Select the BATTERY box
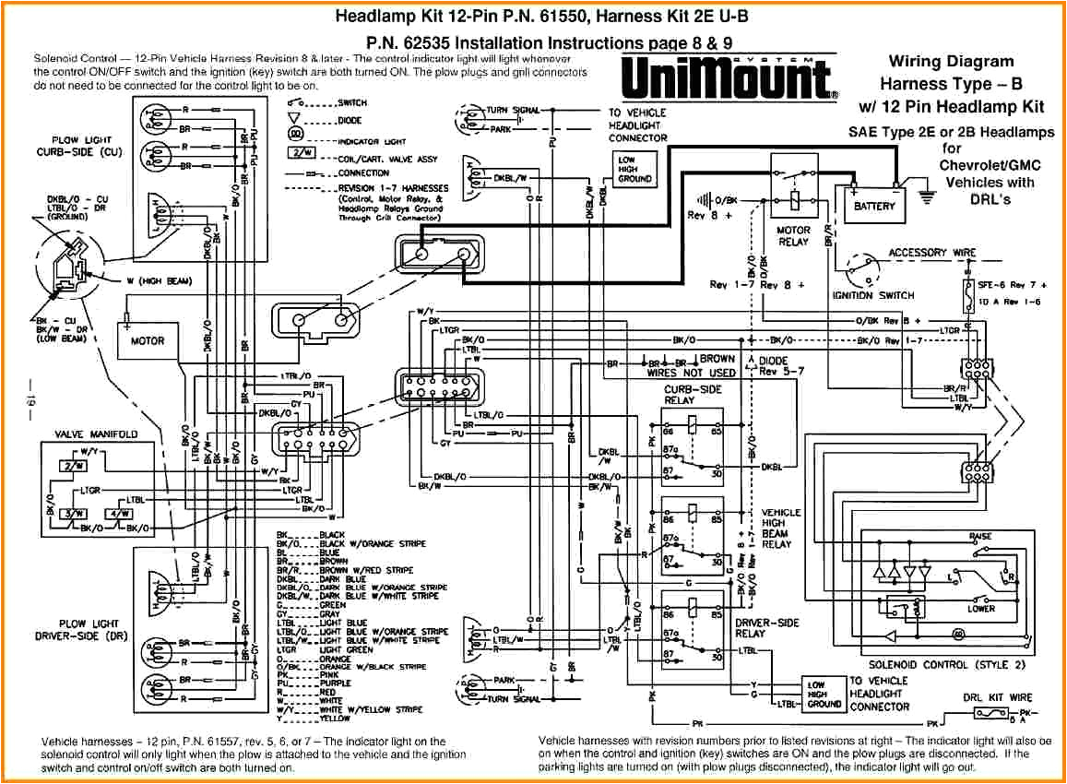click(873, 206)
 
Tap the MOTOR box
click(147, 340)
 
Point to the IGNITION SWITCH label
click(872, 295)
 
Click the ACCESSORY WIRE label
click(931, 252)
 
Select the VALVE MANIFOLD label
click(96, 434)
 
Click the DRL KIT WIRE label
click(998, 697)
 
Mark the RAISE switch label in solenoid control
click(980, 537)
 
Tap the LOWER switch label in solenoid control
click(980, 609)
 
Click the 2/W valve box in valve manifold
click(70, 466)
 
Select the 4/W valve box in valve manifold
click(120, 513)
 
